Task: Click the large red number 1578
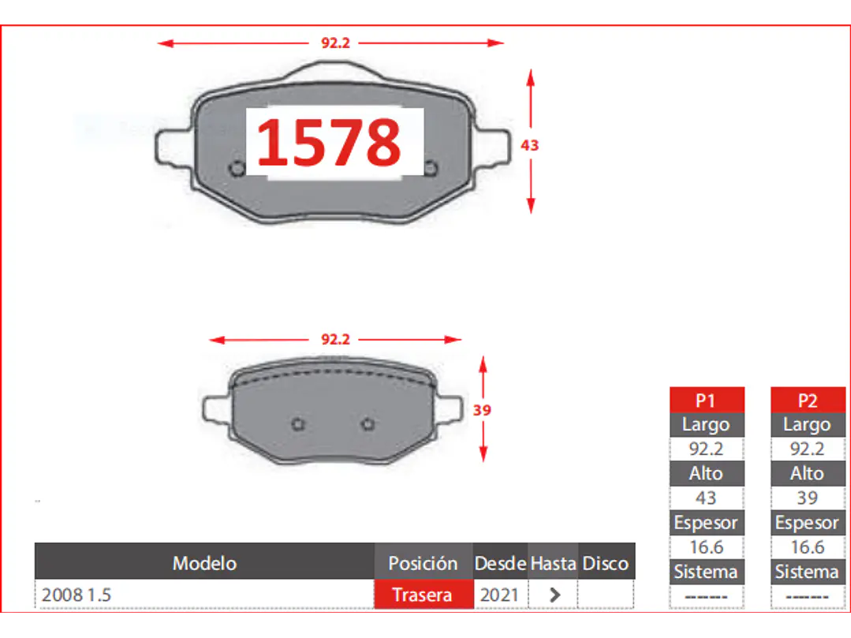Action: (x=329, y=142)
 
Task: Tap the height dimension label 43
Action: (x=530, y=145)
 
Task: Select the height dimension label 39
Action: (x=482, y=410)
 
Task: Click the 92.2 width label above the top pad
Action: (x=335, y=43)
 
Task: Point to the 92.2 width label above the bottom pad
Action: (x=335, y=340)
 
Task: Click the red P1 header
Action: (x=707, y=400)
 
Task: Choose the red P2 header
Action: (x=808, y=400)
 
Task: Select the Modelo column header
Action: (x=204, y=562)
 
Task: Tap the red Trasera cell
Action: (x=423, y=595)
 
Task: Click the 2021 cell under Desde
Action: (x=499, y=595)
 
